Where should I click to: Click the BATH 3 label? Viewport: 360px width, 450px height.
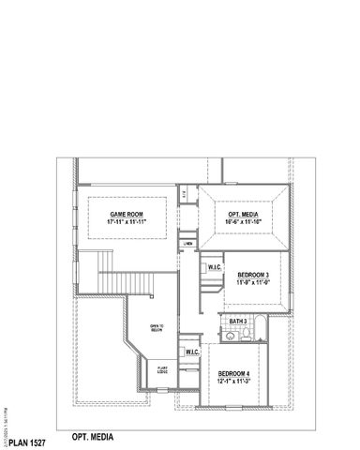click(x=237, y=322)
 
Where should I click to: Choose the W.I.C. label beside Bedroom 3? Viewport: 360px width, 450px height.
click(x=214, y=267)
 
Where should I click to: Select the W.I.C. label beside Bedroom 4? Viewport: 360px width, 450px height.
click(x=191, y=352)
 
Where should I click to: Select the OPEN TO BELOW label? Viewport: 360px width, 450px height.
click(x=157, y=327)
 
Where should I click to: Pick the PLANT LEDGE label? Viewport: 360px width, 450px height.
click(x=163, y=369)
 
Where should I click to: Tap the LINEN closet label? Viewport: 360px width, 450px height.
click(x=188, y=244)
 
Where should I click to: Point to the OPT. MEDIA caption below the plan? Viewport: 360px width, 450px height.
click(x=91, y=437)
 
